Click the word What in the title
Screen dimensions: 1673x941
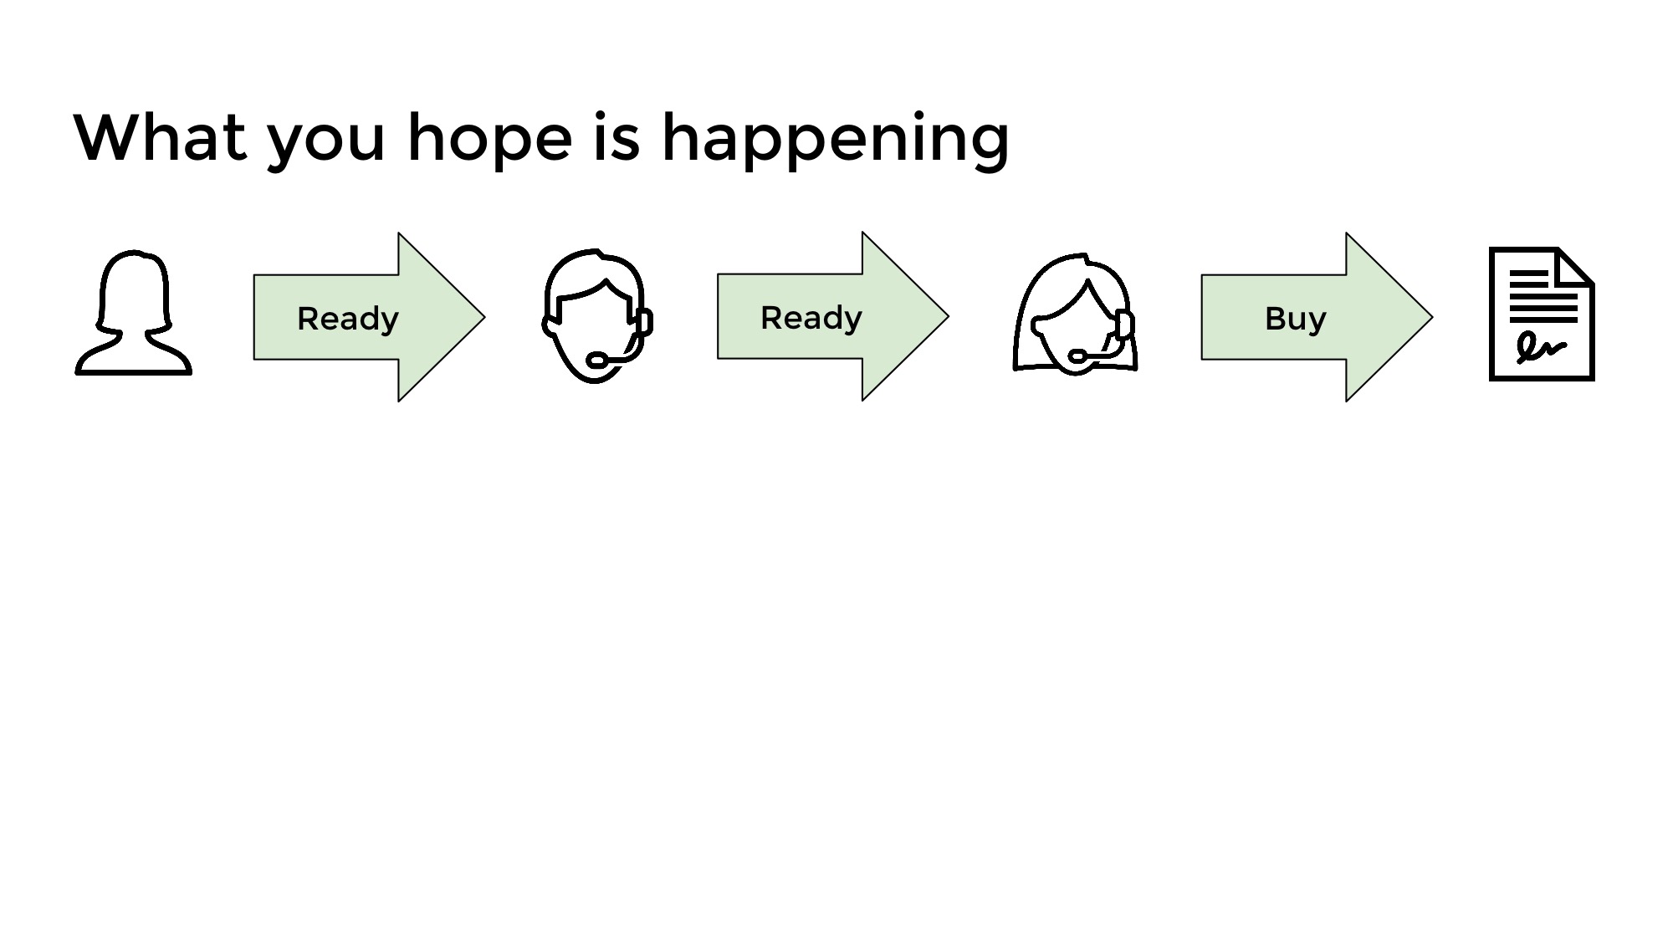pos(160,137)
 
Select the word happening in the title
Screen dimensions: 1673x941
pos(836,141)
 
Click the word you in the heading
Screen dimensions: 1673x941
pos(326,146)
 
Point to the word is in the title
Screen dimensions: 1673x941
pos(617,137)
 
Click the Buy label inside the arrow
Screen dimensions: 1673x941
pos(1295,320)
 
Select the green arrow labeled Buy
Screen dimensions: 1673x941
pos(1317,317)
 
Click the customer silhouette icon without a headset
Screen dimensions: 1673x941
pos(134,313)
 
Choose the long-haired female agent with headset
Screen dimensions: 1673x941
pos(1075,314)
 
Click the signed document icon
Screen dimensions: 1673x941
pos(1542,314)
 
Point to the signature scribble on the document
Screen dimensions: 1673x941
pos(1540,348)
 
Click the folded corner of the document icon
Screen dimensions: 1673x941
pos(1575,266)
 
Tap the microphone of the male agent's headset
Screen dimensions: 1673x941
pos(596,361)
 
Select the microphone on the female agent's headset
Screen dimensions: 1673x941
pos(1077,357)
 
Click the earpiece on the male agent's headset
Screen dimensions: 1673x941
pos(644,322)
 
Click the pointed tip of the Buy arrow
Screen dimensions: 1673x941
pos(1432,317)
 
